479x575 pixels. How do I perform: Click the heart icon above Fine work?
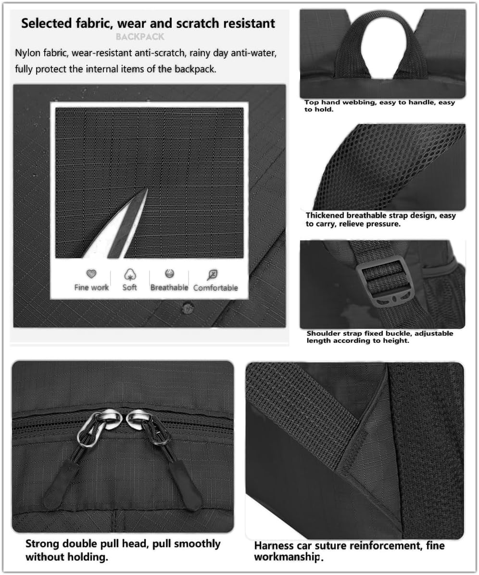(91, 274)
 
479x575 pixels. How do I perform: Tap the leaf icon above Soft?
(130, 275)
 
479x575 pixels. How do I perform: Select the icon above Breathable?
(169, 274)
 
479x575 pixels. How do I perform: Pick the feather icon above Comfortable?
(212, 275)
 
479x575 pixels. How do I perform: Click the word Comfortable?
(215, 287)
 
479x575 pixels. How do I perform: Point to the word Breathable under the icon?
(169, 287)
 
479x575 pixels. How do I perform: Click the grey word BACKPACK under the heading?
(140, 37)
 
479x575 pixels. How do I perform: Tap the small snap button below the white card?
(188, 305)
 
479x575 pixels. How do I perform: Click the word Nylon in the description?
(27, 53)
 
